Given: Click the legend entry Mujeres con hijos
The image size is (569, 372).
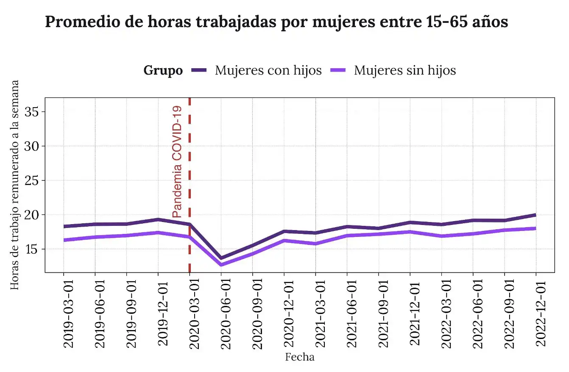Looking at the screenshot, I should pos(268,70).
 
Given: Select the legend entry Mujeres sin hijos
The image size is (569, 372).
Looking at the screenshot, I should pos(404,70).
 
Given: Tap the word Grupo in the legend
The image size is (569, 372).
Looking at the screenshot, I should pos(163,70).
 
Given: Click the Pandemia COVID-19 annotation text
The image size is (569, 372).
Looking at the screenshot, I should pos(177,162).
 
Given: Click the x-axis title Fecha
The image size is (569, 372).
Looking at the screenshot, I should pos(300,357).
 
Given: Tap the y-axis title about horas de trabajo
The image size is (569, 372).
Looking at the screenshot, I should pos(15,185).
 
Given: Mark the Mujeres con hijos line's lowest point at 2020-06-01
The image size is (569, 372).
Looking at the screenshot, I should pos(221,258).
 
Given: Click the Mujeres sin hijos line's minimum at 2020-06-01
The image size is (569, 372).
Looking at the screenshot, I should pos(221,265).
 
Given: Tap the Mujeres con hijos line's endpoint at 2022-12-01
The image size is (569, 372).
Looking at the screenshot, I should pos(536,215).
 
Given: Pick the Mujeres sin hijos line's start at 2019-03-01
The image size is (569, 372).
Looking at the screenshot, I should pos(64,240).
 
